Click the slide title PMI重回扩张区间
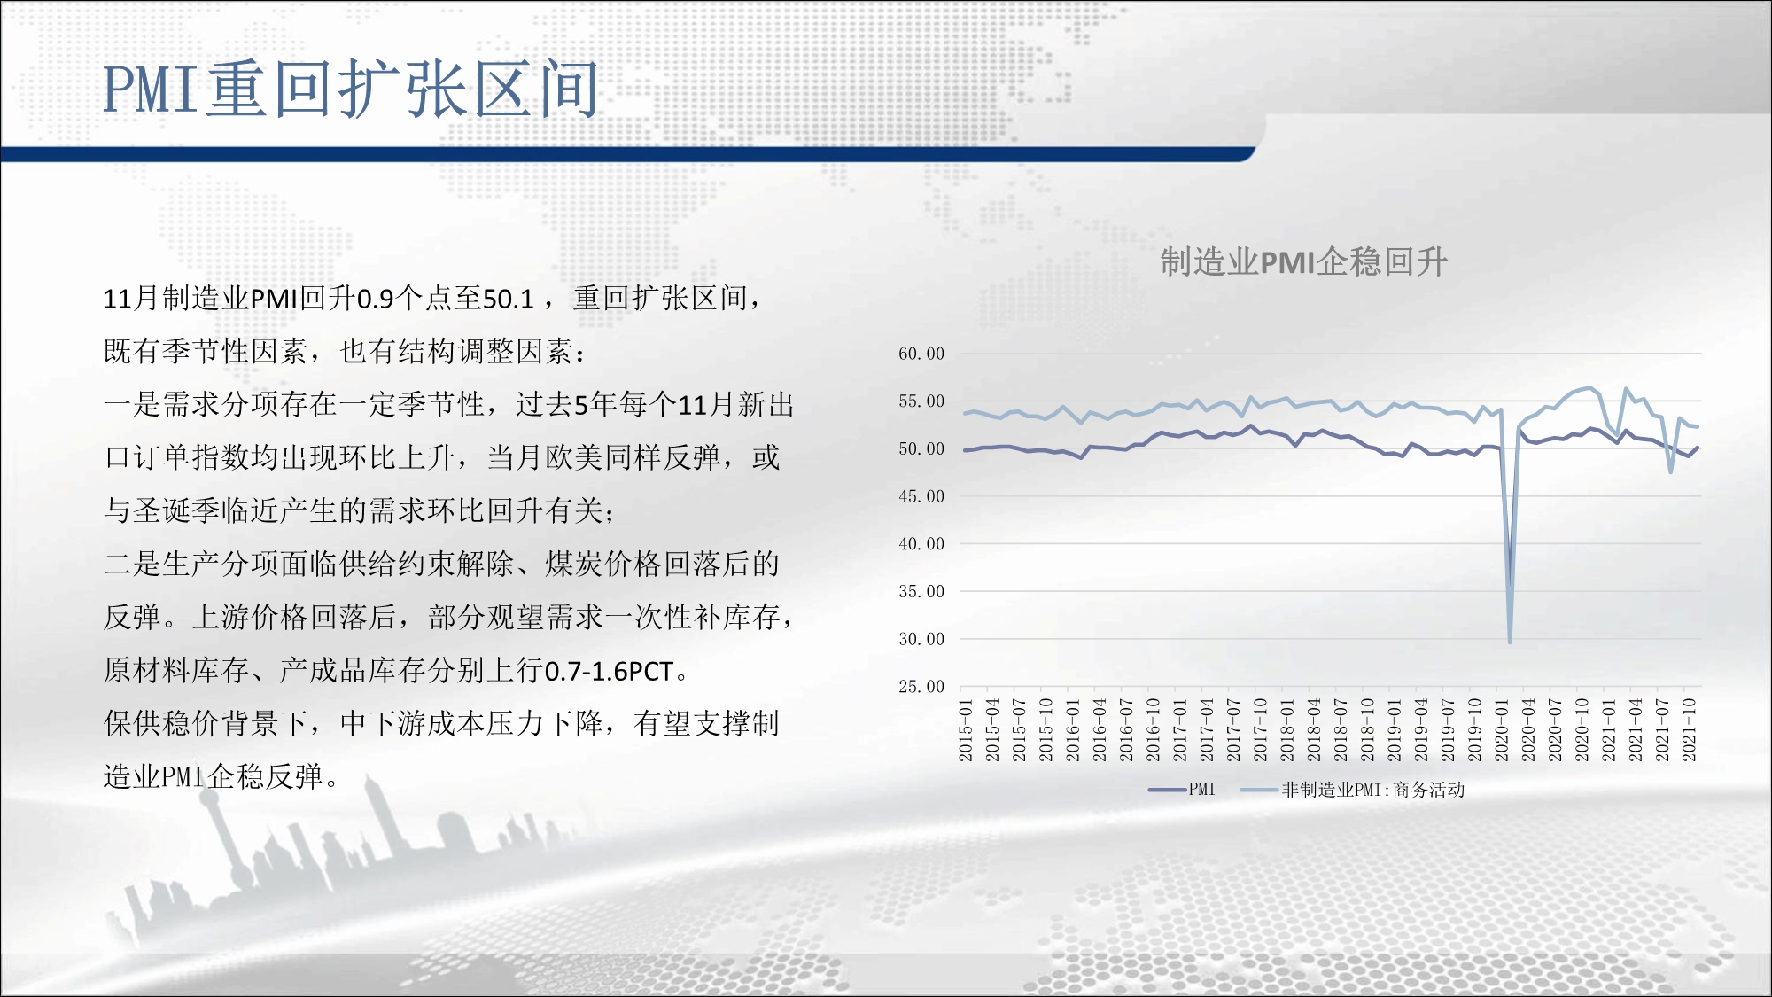click(x=351, y=89)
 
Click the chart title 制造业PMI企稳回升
click(x=1303, y=262)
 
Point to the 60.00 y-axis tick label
click(x=921, y=354)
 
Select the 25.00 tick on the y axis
click(x=921, y=687)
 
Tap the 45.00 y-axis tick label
click(x=921, y=496)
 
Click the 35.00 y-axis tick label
click(x=921, y=591)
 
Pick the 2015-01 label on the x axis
click(x=966, y=729)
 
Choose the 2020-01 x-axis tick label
click(x=1502, y=729)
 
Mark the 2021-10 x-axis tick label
click(x=1690, y=729)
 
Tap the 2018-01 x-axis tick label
click(x=1287, y=729)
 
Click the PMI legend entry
click(x=1182, y=790)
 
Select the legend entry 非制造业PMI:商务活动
click(x=1353, y=790)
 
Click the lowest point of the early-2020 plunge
click(x=1510, y=641)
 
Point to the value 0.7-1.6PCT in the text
click(x=610, y=672)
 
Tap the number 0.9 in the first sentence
click(x=375, y=300)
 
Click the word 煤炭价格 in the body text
click(x=603, y=564)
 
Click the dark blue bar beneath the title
click(x=627, y=154)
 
